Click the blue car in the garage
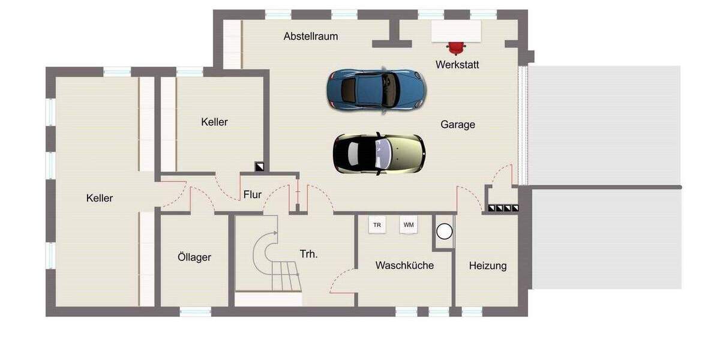pyautogui.click(x=376, y=89)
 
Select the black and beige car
pyautogui.click(x=379, y=154)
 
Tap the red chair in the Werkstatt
pyautogui.click(x=457, y=48)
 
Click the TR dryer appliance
pyautogui.click(x=377, y=225)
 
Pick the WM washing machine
pyautogui.click(x=409, y=225)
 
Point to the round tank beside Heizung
pyautogui.click(x=444, y=232)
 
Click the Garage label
pyautogui.click(x=458, y=125)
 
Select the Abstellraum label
pyautogui.click(x=311, y=37)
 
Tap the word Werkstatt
pyautogui.click(x=457, y=65)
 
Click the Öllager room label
pyautogui.click(x=194, y=257)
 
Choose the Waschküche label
pyautogui.click(x=404, y=265)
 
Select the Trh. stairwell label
pyautogui.click(x=308, y=254)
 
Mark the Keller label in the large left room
pyautogui.click(x=100, y=198)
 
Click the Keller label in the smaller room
pyautogui.click(x=214, y=122)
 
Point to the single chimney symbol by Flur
pyautogui.click(x=259, y=167)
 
